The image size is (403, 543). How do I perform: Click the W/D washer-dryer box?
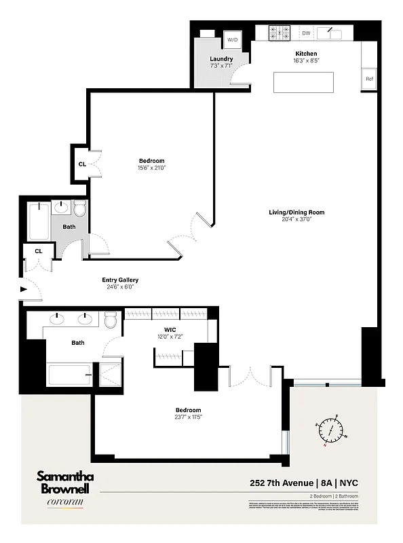click(233, 40)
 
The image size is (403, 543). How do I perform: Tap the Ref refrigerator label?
click(370, 79)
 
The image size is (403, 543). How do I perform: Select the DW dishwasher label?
click(306, 33)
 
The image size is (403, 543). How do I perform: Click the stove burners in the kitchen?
click(279, 32)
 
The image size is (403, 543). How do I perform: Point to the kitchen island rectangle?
click(305, 82)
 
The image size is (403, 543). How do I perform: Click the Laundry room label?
click(221, 59)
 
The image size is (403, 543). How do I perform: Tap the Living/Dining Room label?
click(296, 212)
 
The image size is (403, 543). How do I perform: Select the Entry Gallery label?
click(120, 280)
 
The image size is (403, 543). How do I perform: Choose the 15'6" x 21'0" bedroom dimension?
click(151, 168)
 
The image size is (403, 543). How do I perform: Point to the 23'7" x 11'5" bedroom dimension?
click(188, 417)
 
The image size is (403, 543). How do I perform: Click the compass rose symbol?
click(331, 429)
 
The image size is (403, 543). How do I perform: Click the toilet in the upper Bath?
click(79, 208)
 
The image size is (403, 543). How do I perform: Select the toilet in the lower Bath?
click(111, 319)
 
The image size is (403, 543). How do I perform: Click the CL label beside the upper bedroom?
click(82, 164)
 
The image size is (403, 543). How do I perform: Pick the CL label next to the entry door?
click(39, 251)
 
